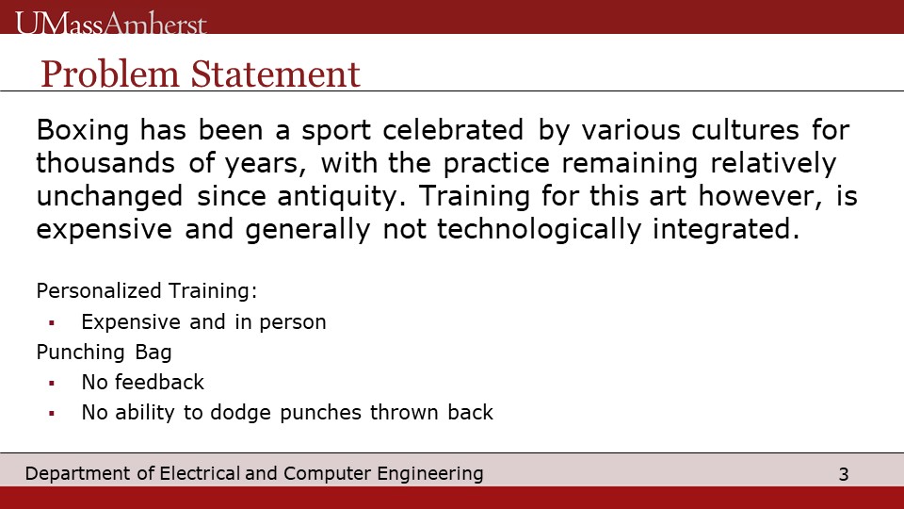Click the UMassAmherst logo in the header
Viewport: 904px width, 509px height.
tap(111, 23)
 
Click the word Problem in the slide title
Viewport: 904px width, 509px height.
tap(110, 74)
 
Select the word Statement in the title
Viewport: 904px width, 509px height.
tap(276, 74)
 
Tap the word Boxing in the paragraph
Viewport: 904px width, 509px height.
tap(83, 130)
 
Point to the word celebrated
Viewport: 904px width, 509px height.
tap(453, 129)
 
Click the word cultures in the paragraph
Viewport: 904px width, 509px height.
tap(746, 129)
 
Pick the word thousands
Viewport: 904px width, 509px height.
tap(105, 163)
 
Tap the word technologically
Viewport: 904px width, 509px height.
tap(539, 229)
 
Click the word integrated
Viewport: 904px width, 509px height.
tap(726, 229)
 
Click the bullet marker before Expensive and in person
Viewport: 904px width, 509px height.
tap(52, 323)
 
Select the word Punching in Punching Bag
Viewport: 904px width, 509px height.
tap(80, 352)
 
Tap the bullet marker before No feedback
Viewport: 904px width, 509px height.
tap(52, 384)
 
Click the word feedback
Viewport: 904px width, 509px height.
tap(159, 382)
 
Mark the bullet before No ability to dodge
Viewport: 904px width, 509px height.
tap(52, 413)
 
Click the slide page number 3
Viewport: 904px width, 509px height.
tap(844, 474)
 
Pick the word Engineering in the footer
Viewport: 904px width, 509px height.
tap(430, 474)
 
